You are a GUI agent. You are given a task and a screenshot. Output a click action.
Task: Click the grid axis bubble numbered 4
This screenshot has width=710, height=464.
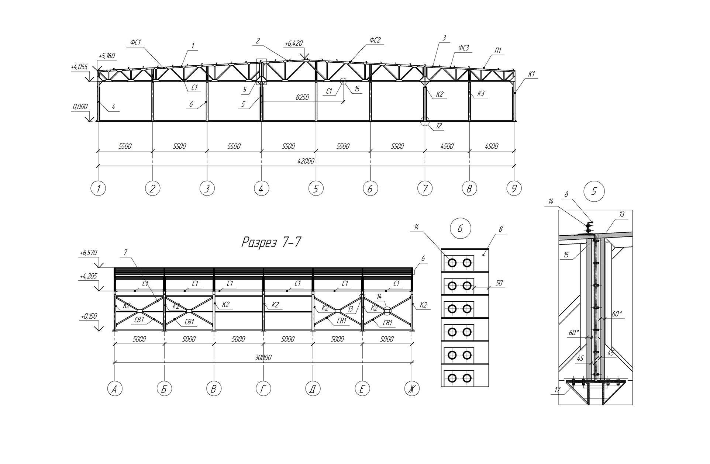pos(261,189)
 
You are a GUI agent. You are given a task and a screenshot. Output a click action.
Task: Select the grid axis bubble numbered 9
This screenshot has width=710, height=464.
pos(514,189)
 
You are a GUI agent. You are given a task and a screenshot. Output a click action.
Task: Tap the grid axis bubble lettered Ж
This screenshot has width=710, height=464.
pos(412,389)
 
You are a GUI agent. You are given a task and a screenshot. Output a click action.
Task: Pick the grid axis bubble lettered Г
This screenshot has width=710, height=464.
pos(263,389)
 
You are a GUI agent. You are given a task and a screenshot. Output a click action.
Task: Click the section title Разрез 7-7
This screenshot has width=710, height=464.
pos(271,242)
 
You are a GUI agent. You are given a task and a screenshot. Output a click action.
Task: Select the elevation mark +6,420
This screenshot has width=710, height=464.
pos(293,44)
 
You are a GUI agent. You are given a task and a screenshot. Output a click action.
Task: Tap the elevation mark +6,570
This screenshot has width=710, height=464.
pos(88,253)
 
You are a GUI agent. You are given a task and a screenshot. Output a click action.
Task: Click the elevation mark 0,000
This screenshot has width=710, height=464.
pos(80,107)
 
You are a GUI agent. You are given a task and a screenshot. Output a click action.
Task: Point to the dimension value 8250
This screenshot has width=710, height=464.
pos(302,97)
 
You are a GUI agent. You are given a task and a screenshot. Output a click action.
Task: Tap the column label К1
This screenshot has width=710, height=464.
pos(531,74)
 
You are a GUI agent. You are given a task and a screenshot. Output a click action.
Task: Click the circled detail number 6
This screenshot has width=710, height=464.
pos(460,229)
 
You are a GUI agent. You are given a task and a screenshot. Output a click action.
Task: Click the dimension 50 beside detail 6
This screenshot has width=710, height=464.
pos(499,283)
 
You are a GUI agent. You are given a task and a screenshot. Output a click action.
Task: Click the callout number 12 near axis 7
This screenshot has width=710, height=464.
pos(439,126)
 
